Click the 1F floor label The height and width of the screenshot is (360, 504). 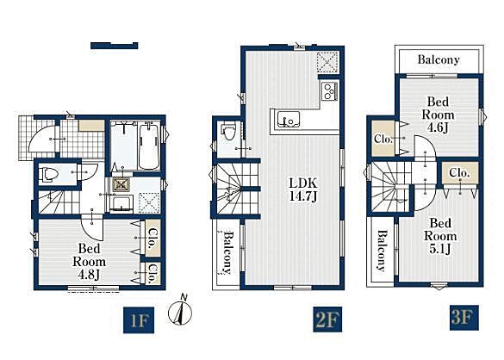click(x=139, y=320)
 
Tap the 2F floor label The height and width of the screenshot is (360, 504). click(x=327, y=320)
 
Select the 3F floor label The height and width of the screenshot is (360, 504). click(x=464, y=318)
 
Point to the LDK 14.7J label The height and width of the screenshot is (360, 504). click(x=303, y=189)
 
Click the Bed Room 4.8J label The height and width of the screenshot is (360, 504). click(x=89, y=261)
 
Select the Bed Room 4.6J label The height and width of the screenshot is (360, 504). click(x=438, y=115)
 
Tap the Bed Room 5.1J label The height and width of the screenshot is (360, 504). click(x=440, y=236)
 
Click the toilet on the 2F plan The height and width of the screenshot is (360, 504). click(x=229, y=132)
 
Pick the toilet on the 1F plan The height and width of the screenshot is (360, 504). click(x=48, y=175)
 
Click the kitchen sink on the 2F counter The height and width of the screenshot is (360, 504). click(x=289, y=119)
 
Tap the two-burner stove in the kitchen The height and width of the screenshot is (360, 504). click(x=329, y=91)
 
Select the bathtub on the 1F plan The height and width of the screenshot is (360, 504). click(x=149, y=146)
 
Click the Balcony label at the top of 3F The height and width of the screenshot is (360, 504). click(x=439, y=59)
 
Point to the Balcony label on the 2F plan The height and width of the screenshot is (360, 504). click(x=227, y=252)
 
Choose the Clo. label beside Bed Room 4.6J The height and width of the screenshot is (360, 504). click(x=383, y=140)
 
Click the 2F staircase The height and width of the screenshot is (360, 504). click(x=238, y=189)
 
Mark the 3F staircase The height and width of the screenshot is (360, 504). click(x=390, y=187)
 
